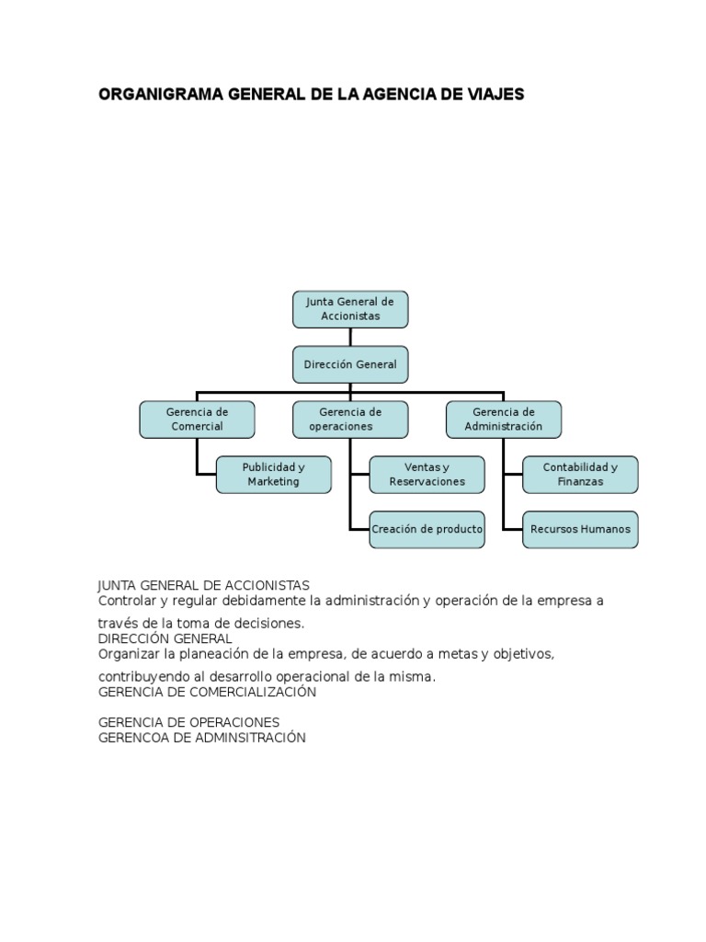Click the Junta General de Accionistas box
350,309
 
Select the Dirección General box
350,364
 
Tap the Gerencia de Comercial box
197,419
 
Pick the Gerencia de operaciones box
350,419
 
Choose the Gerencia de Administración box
503,419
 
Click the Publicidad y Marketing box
273,475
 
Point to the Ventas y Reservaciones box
427,475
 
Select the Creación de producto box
427,529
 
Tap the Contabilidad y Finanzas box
580,475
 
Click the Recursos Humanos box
580,529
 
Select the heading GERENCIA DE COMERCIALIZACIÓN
207,692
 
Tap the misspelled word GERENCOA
134,737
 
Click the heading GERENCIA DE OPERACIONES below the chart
189,722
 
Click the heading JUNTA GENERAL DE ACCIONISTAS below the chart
203,585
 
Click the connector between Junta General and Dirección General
350,337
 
